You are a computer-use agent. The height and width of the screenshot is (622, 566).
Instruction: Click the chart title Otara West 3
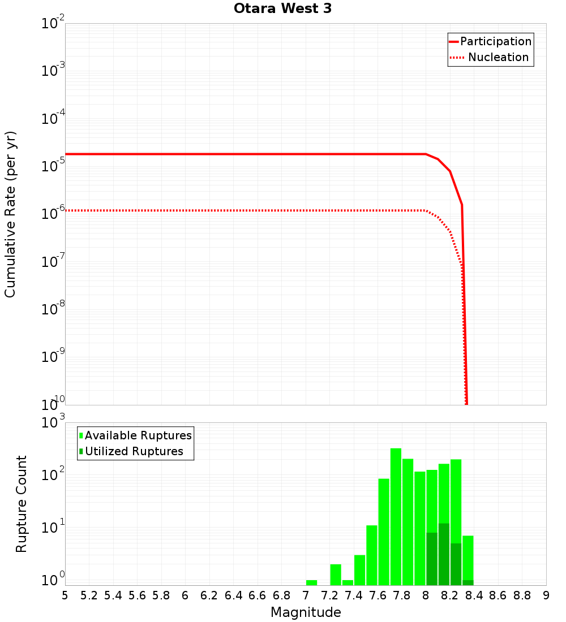point(282,8)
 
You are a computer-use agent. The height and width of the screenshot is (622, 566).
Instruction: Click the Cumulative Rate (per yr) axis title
point(10,214)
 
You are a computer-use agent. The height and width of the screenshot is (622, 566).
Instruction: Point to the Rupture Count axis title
point(22,504)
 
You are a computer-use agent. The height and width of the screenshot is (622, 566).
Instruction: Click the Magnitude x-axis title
point(306,612)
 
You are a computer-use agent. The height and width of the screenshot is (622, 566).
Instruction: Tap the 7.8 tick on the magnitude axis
point(402,595)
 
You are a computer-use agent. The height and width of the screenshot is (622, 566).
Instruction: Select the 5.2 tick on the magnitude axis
point(89,595)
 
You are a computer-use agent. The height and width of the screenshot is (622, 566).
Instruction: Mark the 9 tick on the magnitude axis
point(546,595)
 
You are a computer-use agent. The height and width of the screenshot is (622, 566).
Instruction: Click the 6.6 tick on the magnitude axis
point(258,595)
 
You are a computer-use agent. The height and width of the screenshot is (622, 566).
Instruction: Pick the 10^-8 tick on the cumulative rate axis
point(53,309)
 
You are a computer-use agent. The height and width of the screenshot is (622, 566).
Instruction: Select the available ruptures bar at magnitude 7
point(311,582)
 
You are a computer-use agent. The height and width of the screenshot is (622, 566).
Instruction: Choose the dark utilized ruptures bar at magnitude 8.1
point(444,554)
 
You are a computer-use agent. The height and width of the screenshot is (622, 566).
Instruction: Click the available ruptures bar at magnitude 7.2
point(336,575)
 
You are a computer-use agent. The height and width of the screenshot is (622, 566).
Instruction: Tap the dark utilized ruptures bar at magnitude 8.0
point(432,559)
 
